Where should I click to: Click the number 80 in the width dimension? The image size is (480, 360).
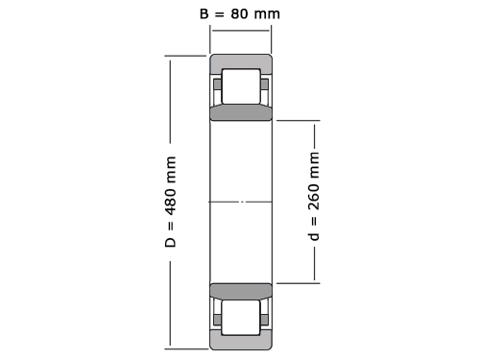click(239, 13)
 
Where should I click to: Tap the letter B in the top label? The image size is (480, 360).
click(204, 13)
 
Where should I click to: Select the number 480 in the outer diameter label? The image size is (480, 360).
click(170, 202)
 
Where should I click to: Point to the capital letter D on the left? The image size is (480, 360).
click(170, 242)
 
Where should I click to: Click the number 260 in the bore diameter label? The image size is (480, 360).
click(314, 197)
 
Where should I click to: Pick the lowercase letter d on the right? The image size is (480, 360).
click(314, 236)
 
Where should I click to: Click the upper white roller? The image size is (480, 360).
click(241, 86)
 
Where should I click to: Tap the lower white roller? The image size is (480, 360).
click(241, 318)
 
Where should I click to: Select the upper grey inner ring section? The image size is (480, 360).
click(241, 112)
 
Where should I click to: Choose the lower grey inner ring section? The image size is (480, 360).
click(241, 291)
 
